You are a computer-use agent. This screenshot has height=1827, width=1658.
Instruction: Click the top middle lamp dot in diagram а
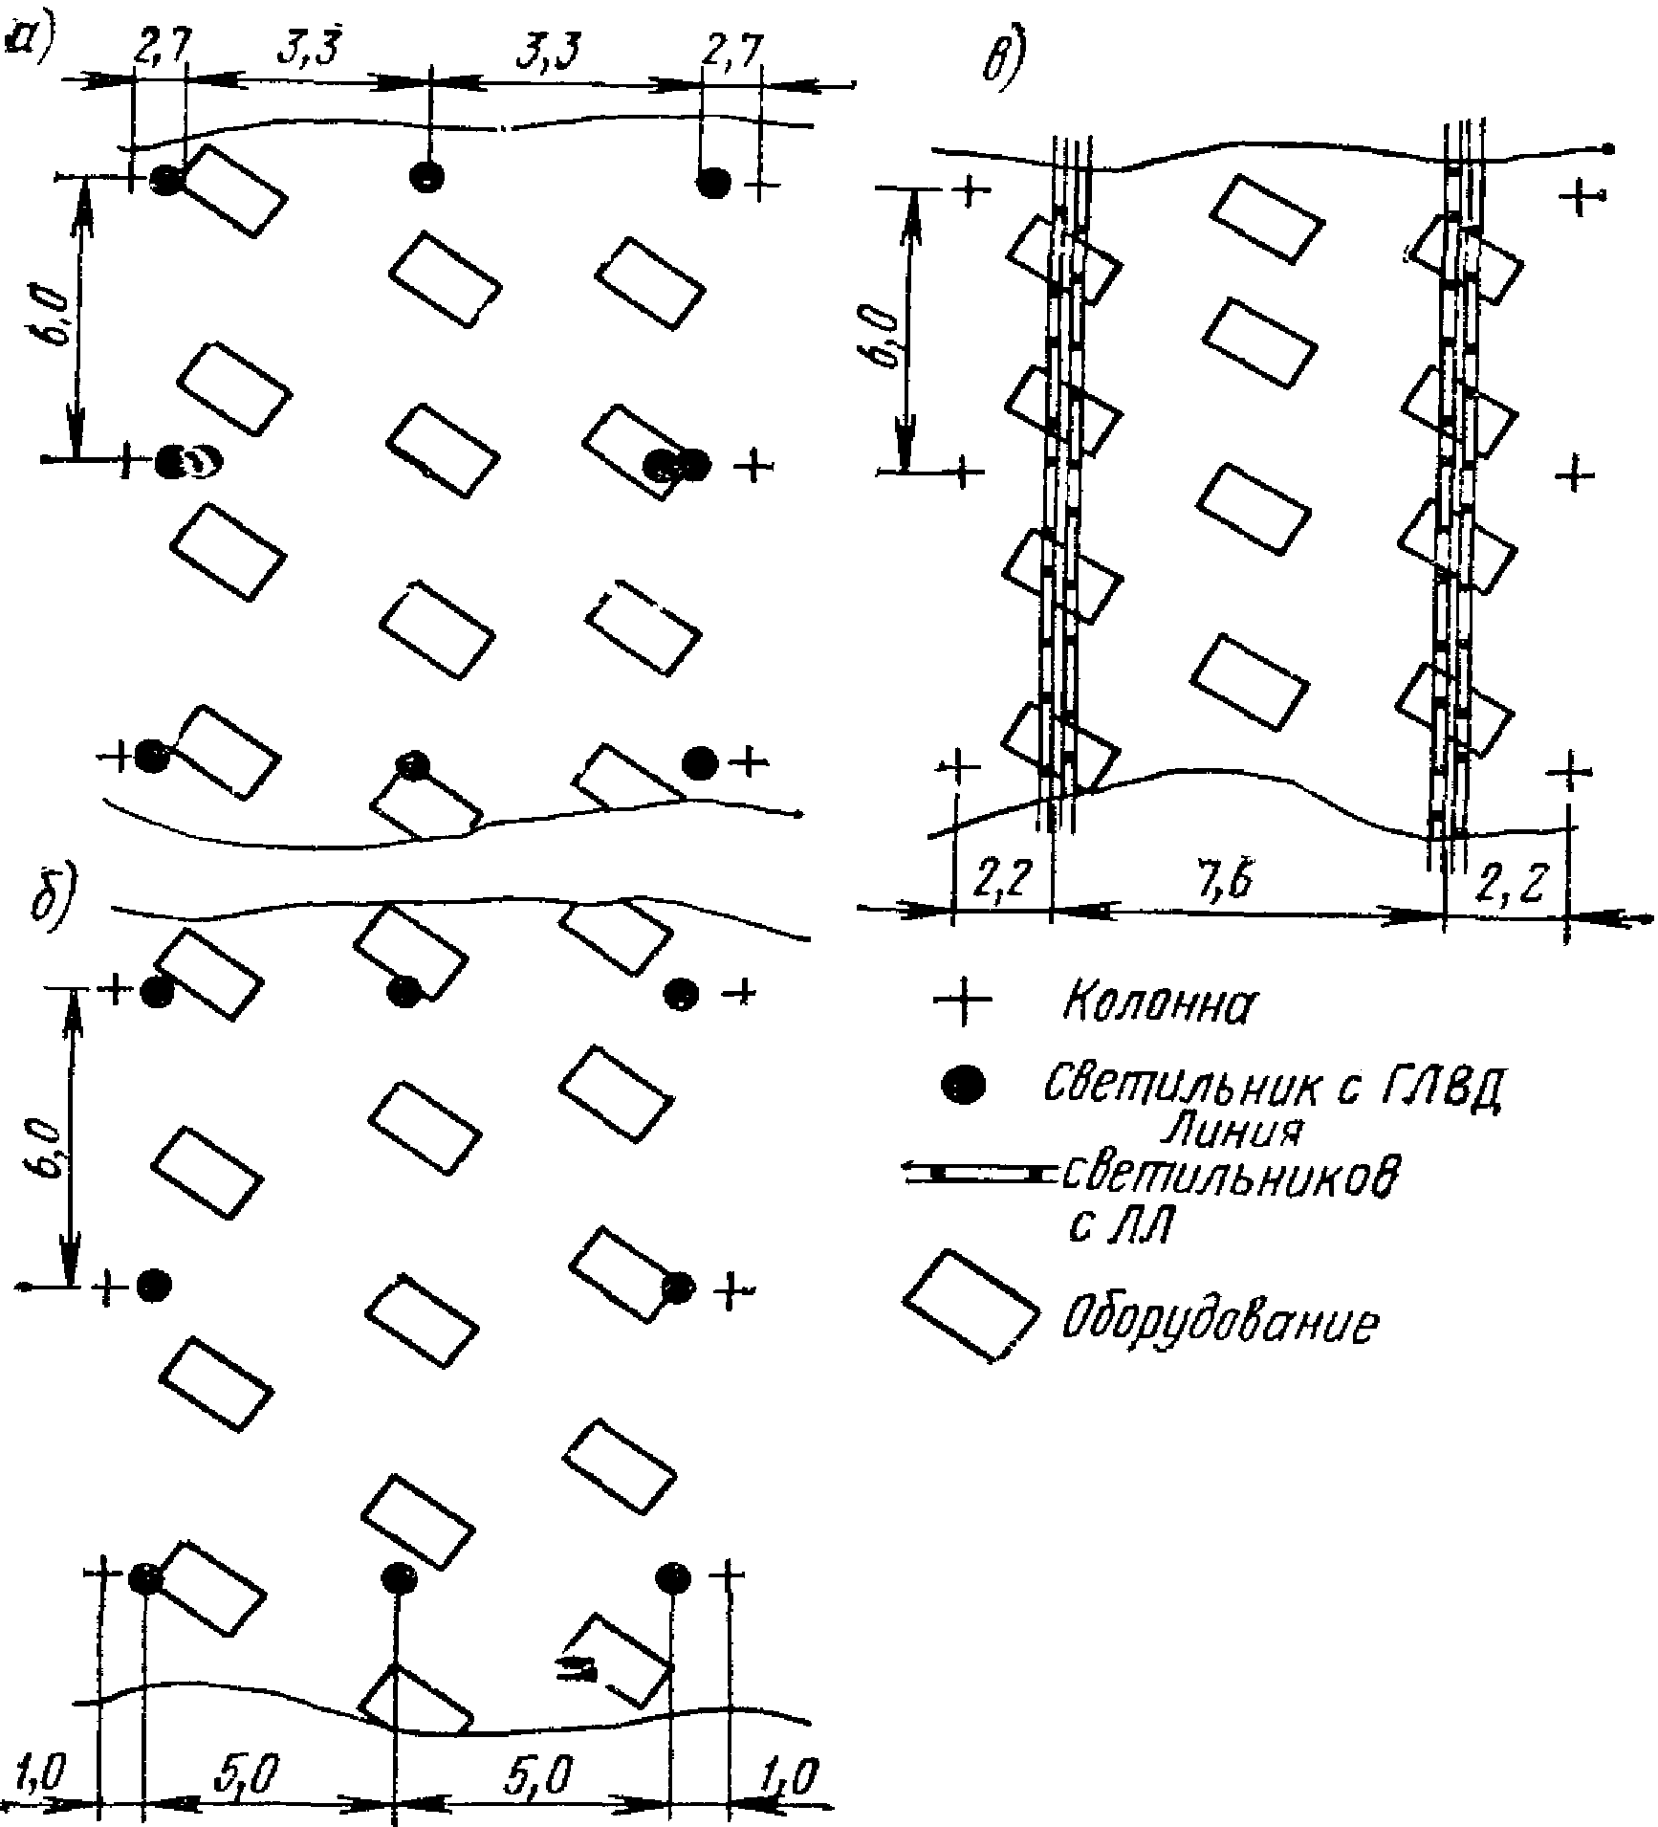coord(426,176)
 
